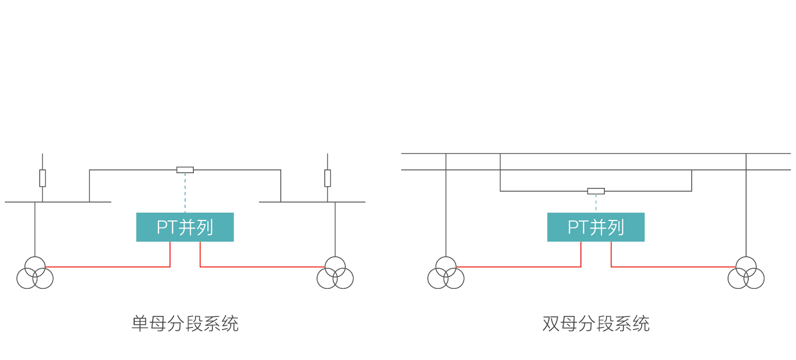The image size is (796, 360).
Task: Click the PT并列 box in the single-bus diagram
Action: [x=185, y=227]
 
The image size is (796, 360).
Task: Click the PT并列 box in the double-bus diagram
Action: [x=596, y=227]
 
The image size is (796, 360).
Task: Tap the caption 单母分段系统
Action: [x=185, y=324]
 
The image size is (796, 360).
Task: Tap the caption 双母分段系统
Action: [x=596, y=324]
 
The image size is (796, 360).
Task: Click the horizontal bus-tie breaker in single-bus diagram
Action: [x=185, y=170]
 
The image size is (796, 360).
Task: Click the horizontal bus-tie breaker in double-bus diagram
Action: [x=596, y=191]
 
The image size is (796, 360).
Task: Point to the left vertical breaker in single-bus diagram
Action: [x=42, y=178]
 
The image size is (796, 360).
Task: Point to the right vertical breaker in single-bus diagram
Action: [x=327, y=178]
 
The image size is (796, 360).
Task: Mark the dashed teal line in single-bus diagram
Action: [x=185, y=193]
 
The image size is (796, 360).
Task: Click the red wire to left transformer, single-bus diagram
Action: [x=109, y=267]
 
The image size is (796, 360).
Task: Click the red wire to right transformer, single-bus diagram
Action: [x=261, y=267]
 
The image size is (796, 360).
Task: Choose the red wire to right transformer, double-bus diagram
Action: [x=673, y=267]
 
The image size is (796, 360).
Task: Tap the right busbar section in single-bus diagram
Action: [x=304, y=202]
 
